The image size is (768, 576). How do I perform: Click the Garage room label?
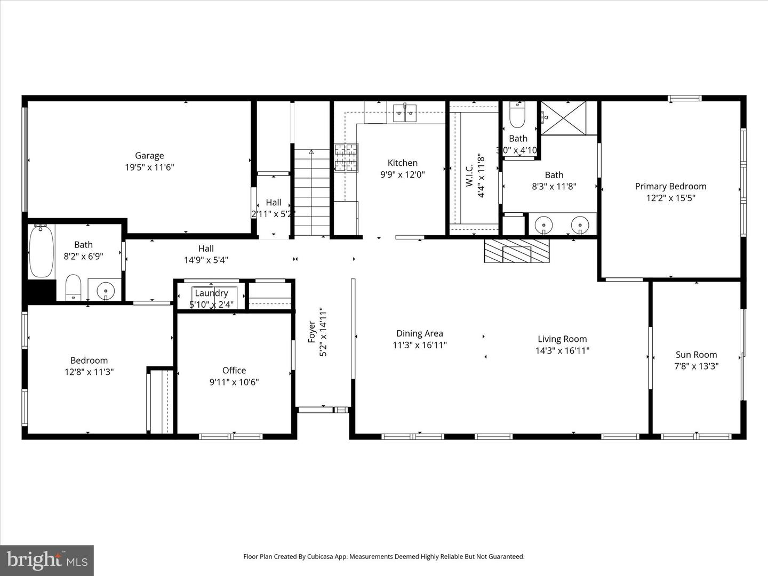coord(149,156)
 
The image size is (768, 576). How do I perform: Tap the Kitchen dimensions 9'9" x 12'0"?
coord(402,174)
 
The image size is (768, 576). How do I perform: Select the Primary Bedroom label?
coord(670,186)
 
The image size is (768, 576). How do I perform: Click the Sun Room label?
coord(696,355)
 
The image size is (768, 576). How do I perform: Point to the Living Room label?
coord(562,339)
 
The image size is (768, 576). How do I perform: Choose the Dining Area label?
coord(419,334)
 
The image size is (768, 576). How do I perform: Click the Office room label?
coord(234,371)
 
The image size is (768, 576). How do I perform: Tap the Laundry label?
coord(211,293)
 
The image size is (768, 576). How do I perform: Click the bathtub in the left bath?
coord(41,251)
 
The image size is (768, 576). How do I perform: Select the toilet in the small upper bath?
coord(517,116)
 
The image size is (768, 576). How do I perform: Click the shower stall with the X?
coord(563,118)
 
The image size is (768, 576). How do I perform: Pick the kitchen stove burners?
coord(346,158)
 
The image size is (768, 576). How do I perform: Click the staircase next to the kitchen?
coord(312,192)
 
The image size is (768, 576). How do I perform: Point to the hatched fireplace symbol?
coord(516,251)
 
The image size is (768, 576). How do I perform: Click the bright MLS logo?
coord(47,560)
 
